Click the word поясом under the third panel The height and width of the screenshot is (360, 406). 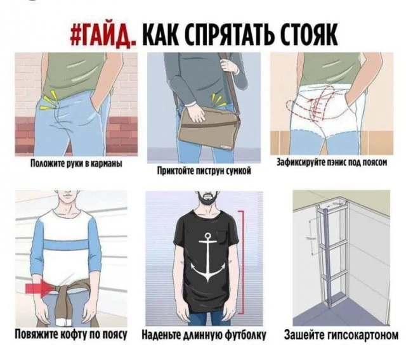[374, 162]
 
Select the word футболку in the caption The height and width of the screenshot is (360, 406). [245, 335]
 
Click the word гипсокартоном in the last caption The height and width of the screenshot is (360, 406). [362, 335]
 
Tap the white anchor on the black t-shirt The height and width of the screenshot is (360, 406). [207, 257]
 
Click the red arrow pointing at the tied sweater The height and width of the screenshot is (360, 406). [39, 288]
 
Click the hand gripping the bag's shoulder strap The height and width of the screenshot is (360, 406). [228, 65]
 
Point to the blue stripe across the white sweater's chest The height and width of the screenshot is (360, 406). [68, 244]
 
